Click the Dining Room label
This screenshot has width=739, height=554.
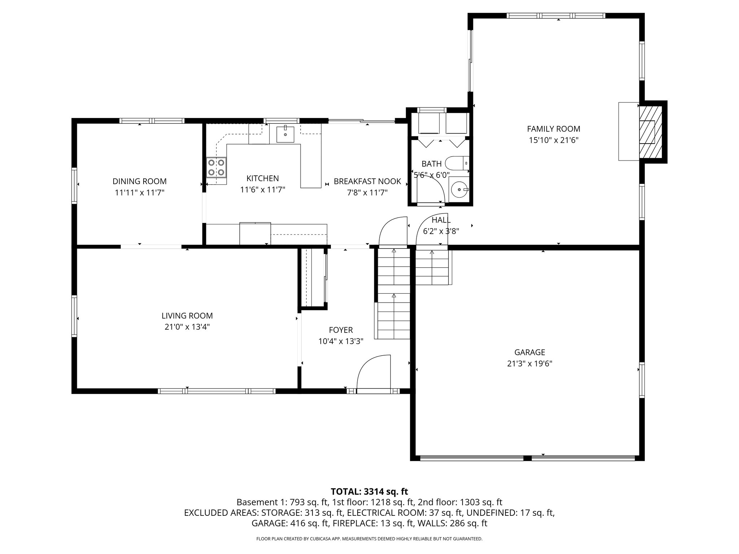(x=139, y=181)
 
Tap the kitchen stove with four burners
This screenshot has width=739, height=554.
(x=216, y=168)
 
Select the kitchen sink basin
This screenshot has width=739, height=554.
(x=285, y=135)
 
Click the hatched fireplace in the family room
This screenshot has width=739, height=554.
(x=651, y=132)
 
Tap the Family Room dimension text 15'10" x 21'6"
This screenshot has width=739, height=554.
(x=554, y=140)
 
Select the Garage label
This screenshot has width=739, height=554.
(x=529, y=352)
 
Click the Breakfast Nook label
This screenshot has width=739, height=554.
(x=367, y=181)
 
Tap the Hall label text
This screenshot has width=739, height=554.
(x=441, y=220)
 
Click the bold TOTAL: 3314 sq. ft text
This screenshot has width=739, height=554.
(x=369, y=492)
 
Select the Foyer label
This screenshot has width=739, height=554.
(x=341, y=330)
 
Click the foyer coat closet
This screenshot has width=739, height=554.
(x=312, y=278)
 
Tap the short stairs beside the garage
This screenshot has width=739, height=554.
(x=432, y=267)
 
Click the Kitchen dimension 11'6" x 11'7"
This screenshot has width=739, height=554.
(x=262, y=190)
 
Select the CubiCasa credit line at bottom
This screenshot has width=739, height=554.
(x=369, y=539)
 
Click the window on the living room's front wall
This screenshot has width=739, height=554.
(x=217, y=391)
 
